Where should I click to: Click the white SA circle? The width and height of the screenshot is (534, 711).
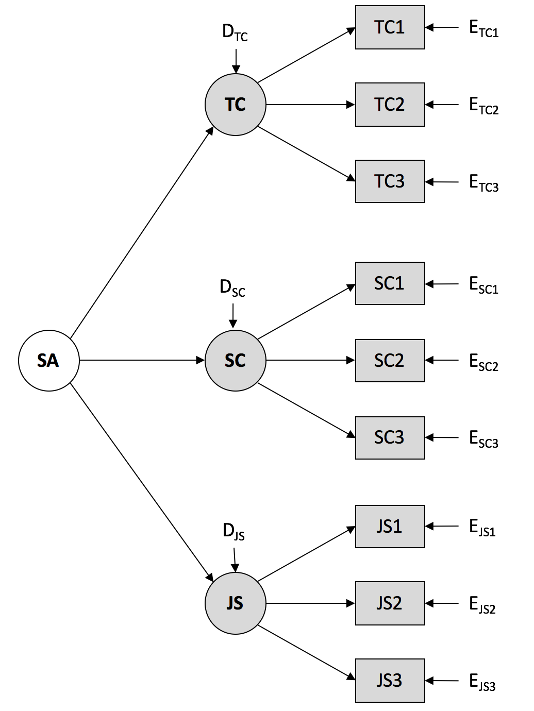coord(49,360)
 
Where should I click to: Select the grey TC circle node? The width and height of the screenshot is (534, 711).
coord(236,105)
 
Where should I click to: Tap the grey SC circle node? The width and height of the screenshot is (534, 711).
coord(236,360)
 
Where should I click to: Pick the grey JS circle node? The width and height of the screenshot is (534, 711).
coord(236,603)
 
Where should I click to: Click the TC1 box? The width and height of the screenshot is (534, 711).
coord(390,27)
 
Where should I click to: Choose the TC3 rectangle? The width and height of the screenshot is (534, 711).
coord(390,181)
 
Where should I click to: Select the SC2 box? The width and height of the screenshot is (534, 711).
coord(390,361)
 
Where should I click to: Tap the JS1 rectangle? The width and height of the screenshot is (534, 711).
coord(390,526)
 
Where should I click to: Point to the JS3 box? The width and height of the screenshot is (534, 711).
coord(390,680)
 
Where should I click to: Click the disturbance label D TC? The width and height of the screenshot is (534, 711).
coord(235,32)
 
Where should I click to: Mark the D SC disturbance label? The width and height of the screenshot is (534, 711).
coord(232,287)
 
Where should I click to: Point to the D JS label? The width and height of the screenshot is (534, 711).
coord(233,531)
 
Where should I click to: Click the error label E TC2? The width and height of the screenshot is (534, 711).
coord(483,106)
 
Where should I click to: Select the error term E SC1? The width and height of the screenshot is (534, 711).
coord(483,285)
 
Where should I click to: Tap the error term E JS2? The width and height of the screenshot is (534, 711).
coord(482,604)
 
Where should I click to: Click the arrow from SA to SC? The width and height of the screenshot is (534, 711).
coord(142,360)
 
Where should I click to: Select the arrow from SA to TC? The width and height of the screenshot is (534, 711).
coord(142,233)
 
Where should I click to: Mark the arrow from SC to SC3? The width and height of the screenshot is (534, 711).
coord(306,411)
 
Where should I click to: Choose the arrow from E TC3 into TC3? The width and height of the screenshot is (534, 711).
coord(442,182)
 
